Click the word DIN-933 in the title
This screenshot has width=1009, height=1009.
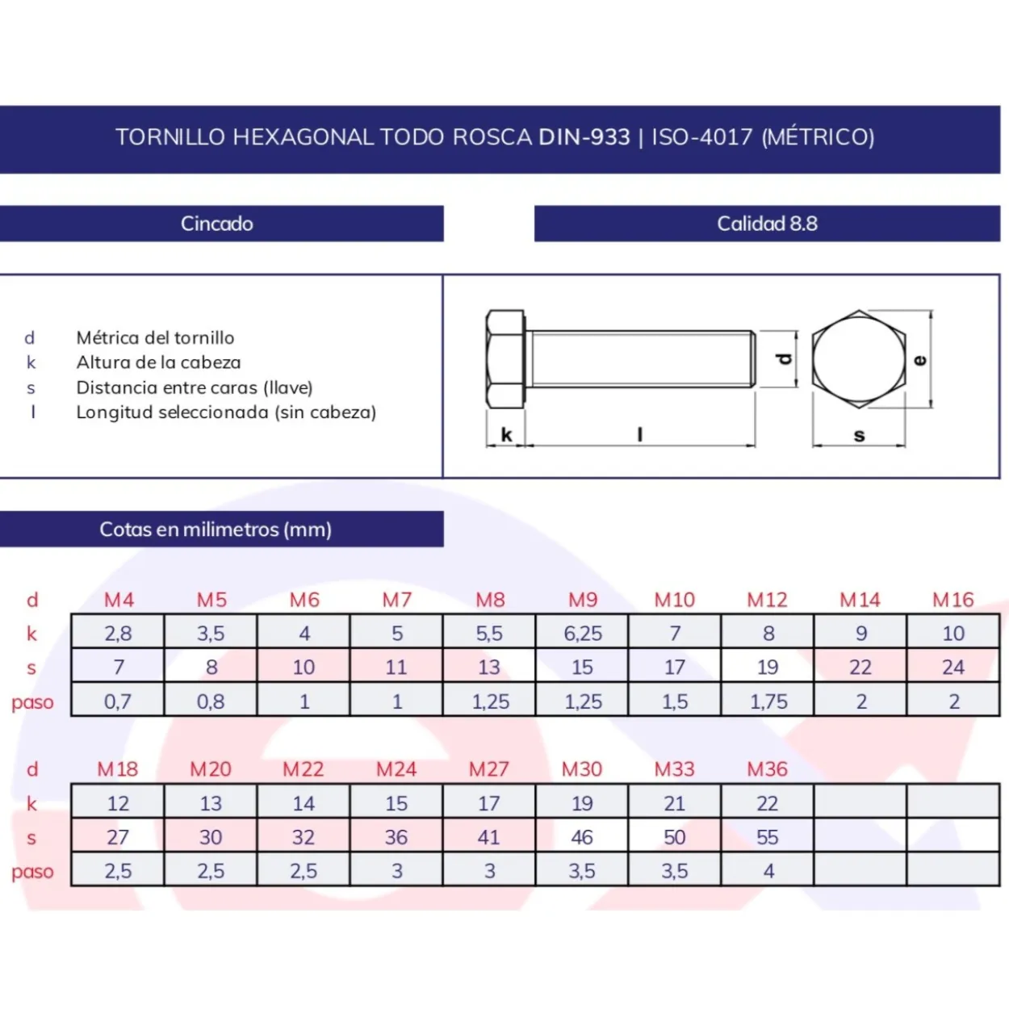[584, 137]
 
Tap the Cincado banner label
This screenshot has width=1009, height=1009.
[217, 224]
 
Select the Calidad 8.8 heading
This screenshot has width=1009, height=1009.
[767, 224]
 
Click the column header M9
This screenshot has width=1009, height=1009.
[583, 600]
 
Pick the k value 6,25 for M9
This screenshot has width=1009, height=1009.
[583, 634]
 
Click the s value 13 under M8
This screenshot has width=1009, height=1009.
[489, 667]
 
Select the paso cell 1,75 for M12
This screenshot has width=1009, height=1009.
[768, 701]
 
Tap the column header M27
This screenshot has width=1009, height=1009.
[489, 769]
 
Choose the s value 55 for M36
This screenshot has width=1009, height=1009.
[768, 837]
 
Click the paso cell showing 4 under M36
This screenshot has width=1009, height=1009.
[768, 871]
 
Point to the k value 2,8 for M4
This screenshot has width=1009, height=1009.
[119, 634]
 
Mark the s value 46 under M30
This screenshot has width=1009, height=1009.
[582, 837]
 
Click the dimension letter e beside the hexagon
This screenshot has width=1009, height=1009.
[920, 360]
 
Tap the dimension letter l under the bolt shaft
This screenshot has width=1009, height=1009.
[640, 434]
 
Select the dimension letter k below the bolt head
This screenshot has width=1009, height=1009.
[506, 434]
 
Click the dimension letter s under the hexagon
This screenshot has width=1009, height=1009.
[859, 436]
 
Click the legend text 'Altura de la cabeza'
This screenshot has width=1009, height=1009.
[159, 362]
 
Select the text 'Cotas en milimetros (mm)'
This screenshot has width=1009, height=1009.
[216, 530]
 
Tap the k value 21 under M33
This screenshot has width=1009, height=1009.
[675, 803]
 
